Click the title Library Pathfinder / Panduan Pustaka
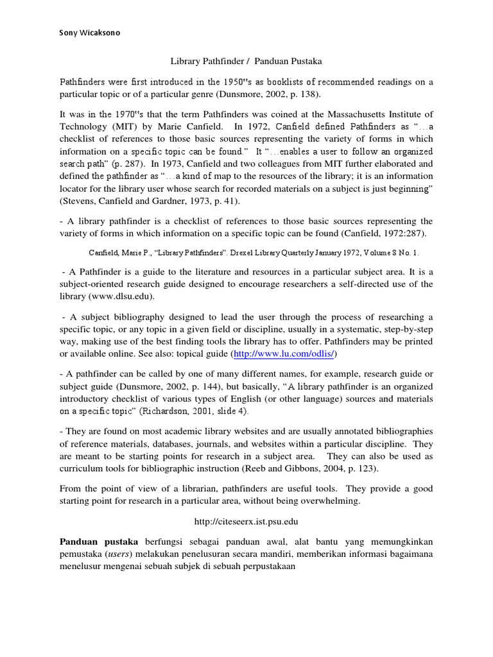pos(246,62)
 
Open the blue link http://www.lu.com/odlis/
pos(284,354)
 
